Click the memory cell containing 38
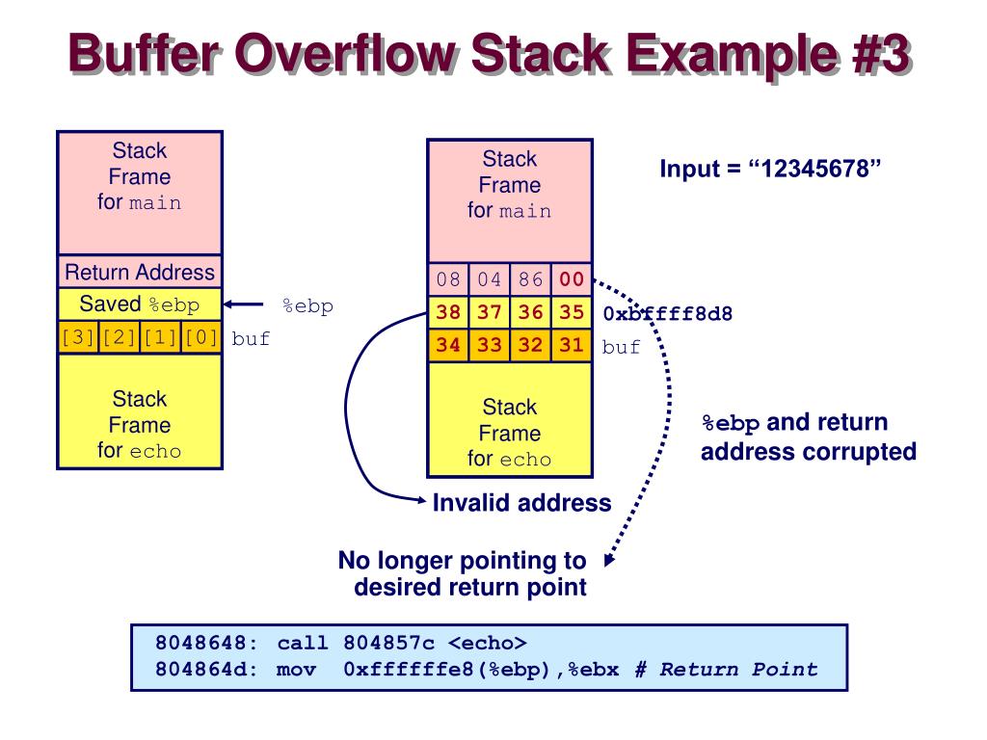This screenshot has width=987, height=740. tap(448, 313)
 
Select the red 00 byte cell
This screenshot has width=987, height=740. tap(572, 280)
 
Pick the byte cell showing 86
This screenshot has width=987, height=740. tap(530, 280)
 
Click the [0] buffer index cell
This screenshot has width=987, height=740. tap(201, 339)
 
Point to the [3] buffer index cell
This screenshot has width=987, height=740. tap(78, 339)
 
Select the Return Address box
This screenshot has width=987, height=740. tap(140, 272)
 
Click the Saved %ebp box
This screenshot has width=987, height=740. tap(140, 304)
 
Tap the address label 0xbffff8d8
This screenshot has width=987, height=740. tap(667, 314)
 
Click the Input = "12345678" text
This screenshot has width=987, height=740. tap(771, 169)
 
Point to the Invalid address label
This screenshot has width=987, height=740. tap(521, 503)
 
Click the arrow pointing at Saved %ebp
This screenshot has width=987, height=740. tap(244, 305)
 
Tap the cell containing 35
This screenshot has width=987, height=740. tap(572, 313)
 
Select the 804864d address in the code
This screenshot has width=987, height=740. tap(200, 670)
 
